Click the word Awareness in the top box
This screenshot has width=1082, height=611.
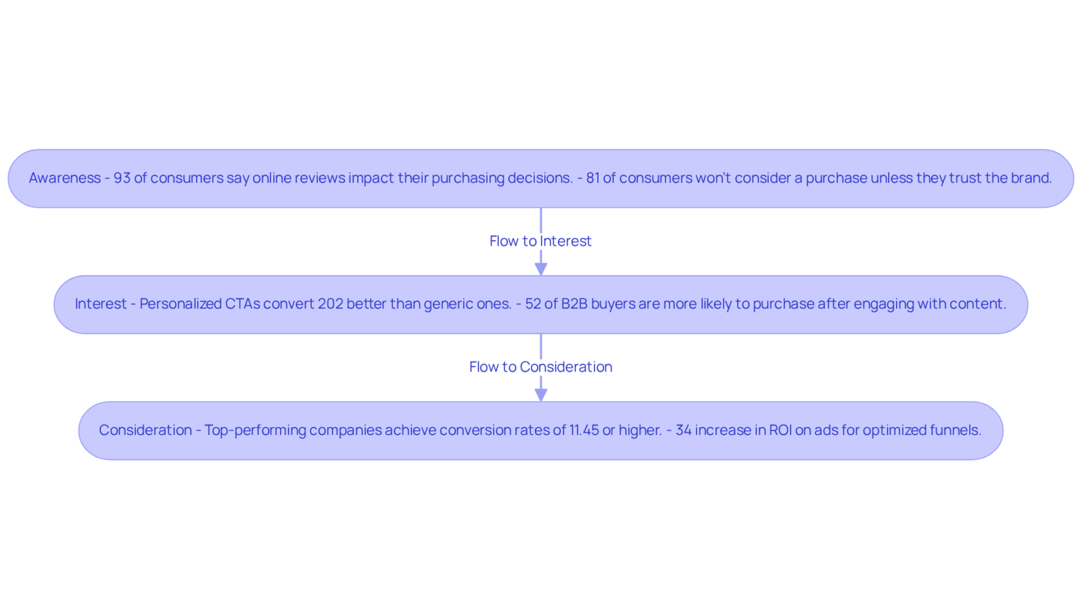click(65, 178)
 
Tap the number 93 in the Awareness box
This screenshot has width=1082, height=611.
click(122, 178)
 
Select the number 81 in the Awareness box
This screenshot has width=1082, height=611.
click(592, 178)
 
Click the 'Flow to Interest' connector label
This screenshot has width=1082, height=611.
click(540, 241)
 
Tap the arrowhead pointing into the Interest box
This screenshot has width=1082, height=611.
click(541, 269)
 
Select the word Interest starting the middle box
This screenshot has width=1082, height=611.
click(101, 304)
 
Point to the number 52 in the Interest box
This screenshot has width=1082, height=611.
click(533, 304)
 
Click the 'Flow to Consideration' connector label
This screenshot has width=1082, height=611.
click(540, 367)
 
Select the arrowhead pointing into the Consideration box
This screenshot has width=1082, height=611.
click(541, 395)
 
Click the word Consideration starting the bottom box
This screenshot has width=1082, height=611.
click(145, 430)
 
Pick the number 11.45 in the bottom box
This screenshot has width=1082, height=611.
click(584, 430)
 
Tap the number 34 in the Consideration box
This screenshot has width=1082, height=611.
click(684, 430)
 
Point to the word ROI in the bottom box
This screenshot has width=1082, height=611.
click(780, 430)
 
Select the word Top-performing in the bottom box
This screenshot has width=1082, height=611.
click(255, 430)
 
